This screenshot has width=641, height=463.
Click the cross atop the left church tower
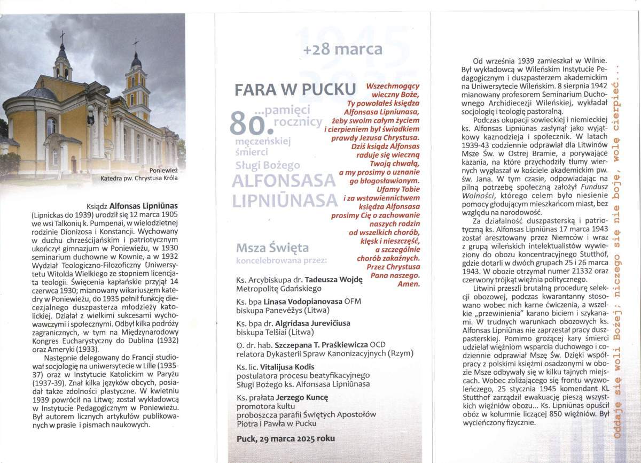[x=62, y=36]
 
